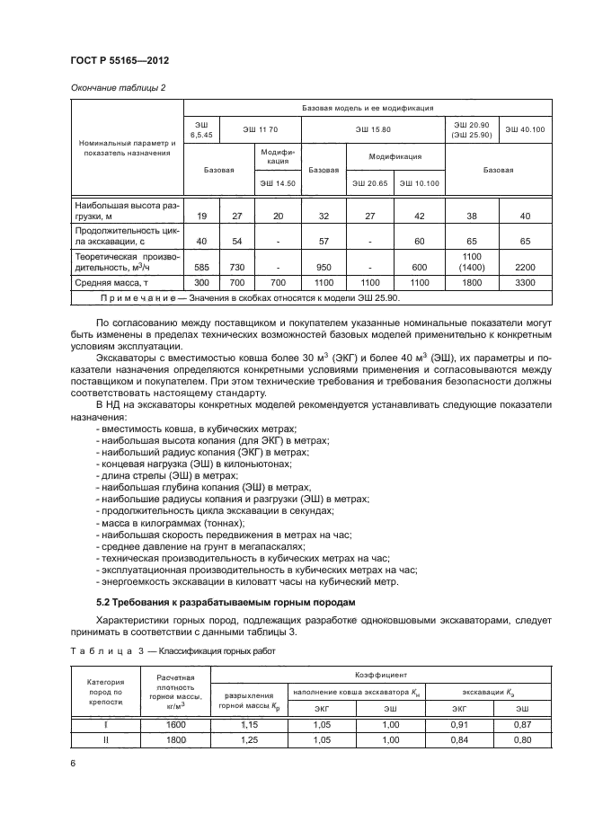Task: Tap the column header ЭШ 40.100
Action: [x=525, y=130]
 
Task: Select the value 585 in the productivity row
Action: [x=200, y=267]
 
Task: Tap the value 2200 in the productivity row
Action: [x=525, y=267]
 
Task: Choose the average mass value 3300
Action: [x=525, y=282]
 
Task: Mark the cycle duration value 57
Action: [x=324, y=242]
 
